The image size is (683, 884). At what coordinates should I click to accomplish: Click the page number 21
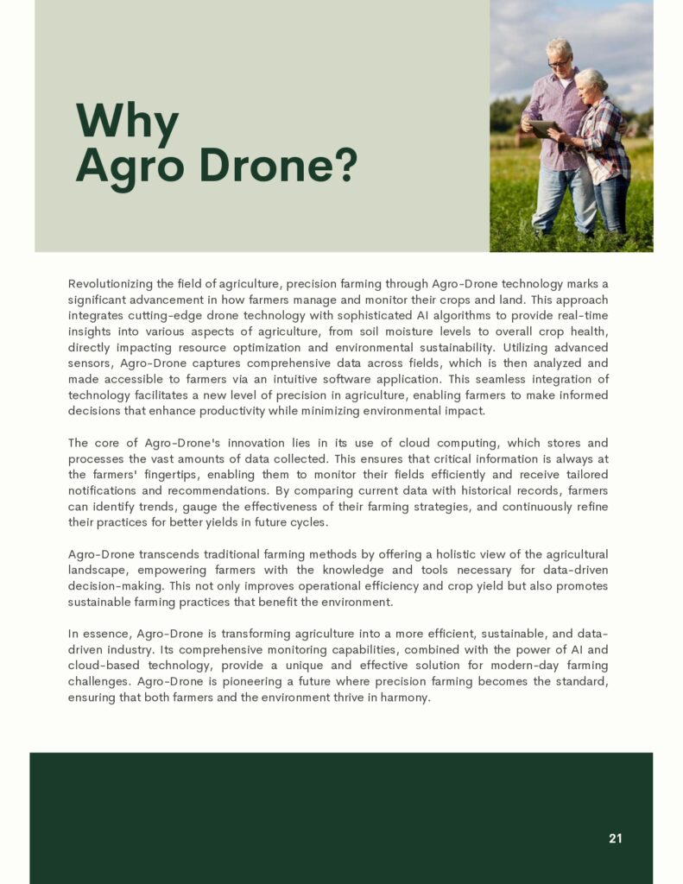coord(615,838)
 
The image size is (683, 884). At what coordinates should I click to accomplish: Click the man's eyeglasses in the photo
coord(559,62)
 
